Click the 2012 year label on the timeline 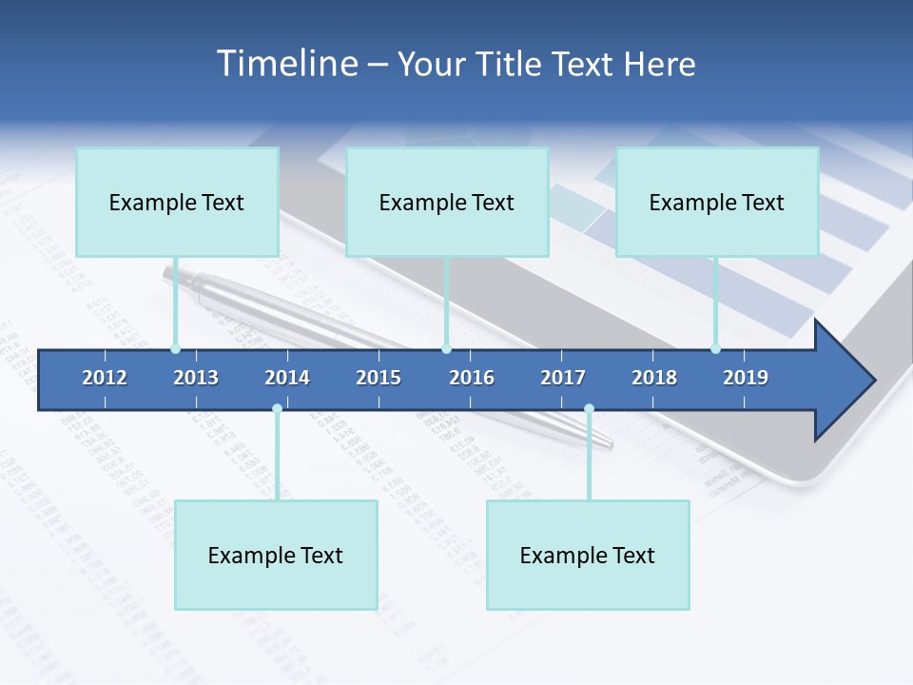point(105,378)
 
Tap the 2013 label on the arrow point(196,378)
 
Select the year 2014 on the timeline point(287,378)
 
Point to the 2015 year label point(379,378)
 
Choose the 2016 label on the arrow point(472,378)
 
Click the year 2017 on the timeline point(563,378)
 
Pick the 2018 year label point(654,378)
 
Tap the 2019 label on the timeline point(746,378)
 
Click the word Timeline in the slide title point(285,64)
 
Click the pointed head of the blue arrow point(846,381)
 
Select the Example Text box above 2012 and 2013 point(177,202)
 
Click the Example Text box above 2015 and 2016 point(447,202)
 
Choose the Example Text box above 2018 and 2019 point(717,202)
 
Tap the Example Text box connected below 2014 point(276,555)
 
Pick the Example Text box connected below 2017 point(588,555)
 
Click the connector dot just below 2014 point(277,409)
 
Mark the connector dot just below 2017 point(589,409)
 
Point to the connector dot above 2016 point(446,349)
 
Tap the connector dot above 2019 point(715,349)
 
